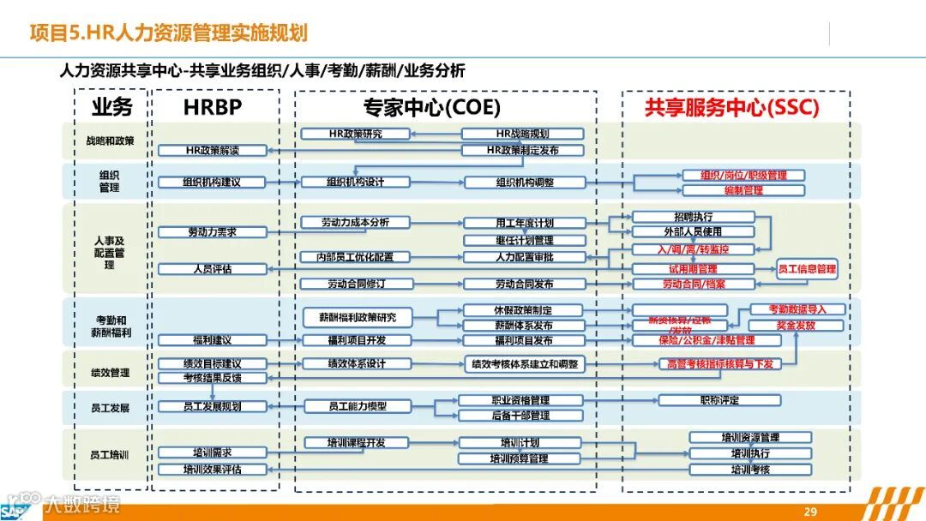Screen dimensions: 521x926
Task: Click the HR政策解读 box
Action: (x=212, y=151)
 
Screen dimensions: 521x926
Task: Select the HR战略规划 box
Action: (x=523, y=134)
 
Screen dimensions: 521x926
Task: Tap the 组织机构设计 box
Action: (x=355, y=182)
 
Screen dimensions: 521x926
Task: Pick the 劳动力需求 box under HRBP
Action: (x=212, y=232)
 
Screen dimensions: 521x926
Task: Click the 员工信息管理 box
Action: (x=806, y=269)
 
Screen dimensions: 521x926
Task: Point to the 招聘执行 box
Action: (x=693, y=217)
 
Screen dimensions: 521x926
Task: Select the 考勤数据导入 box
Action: (x=797, y=309)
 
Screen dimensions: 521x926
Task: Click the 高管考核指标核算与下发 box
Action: (x=719, y=364)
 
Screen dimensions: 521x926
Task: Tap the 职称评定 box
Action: (x=719, y=400)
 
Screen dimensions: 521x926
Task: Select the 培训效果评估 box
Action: (x=212, y=470)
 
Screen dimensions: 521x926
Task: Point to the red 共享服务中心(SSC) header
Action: (x=731, y=107)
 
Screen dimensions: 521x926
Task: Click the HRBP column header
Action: (x=213, y=107)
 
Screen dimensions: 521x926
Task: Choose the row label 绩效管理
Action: (x=110, y=373)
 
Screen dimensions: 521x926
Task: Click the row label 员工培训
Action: (x=110, y=455)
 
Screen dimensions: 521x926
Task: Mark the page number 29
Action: (x=810, y=512)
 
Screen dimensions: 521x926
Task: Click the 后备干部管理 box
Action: (x=520, y=416)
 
